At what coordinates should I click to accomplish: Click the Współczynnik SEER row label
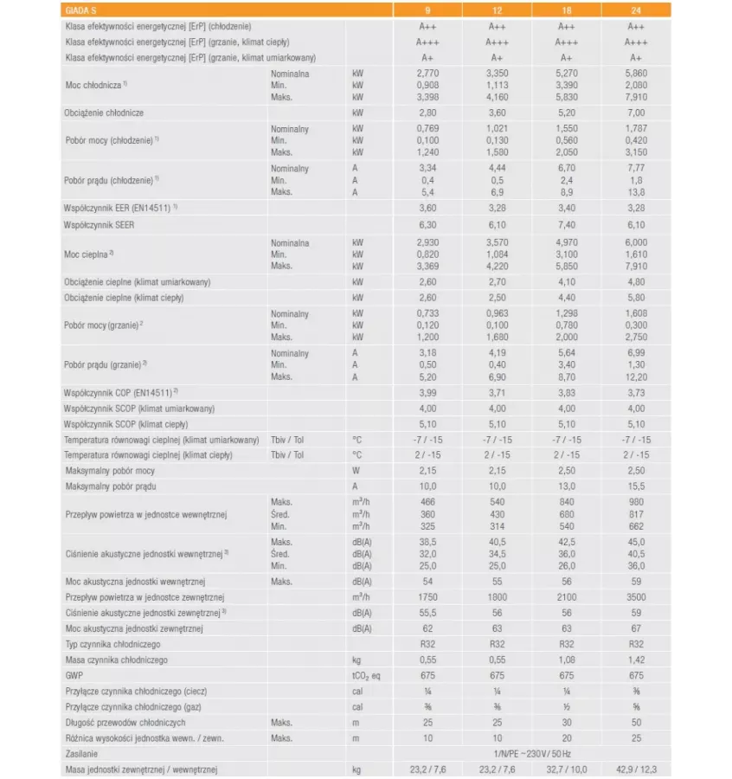point(100,224)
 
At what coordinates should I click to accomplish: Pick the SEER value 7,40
point(567,224)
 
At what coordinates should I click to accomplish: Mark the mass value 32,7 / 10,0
point(567,769)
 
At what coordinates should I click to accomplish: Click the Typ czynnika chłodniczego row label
point(113,644)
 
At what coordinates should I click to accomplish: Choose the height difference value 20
point(567,737)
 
